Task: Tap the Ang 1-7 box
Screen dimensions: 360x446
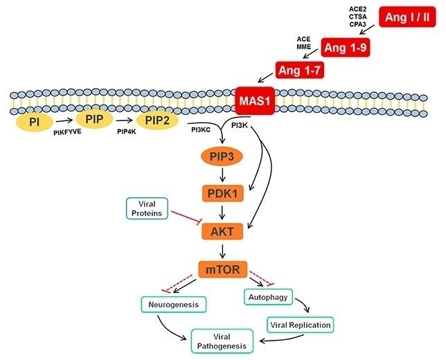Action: (299, 70)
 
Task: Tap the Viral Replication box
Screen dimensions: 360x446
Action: (300, 323)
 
